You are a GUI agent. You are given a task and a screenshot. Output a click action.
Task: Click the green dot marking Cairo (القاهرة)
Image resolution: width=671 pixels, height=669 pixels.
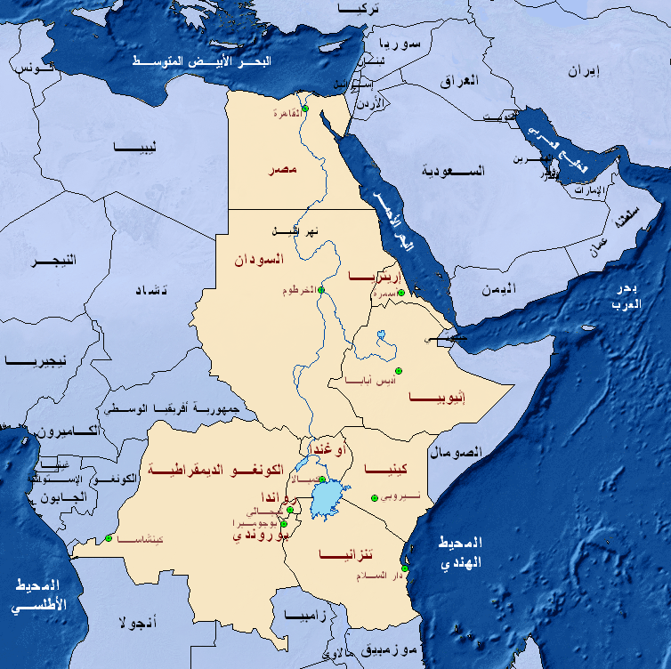[303, 109]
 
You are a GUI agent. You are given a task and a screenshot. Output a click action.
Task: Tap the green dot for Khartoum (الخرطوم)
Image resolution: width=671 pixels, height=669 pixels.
[320, 290]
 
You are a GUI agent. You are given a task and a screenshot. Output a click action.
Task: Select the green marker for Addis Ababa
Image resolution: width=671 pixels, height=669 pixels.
[399, 369]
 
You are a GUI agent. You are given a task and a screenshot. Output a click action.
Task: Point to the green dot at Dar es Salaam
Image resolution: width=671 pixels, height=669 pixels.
[405, 568]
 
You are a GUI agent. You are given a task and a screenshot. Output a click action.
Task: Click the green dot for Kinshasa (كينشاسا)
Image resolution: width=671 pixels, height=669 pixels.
[109, 537]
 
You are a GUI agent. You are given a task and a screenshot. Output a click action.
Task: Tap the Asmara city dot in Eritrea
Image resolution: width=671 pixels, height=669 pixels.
[400, 292]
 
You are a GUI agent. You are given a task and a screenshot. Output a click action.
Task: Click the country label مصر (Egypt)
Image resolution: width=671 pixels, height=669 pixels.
[281, 169]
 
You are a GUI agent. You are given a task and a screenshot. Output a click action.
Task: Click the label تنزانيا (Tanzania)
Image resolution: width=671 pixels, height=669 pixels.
[346, 556]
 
